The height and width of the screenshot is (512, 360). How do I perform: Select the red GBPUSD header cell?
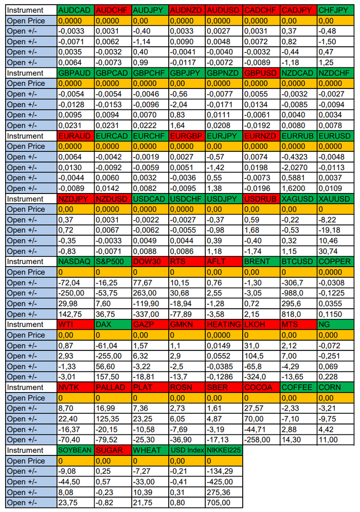261,73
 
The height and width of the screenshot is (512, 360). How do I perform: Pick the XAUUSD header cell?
335,199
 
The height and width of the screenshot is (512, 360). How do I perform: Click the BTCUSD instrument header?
298,261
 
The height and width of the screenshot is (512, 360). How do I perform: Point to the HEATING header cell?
223,324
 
